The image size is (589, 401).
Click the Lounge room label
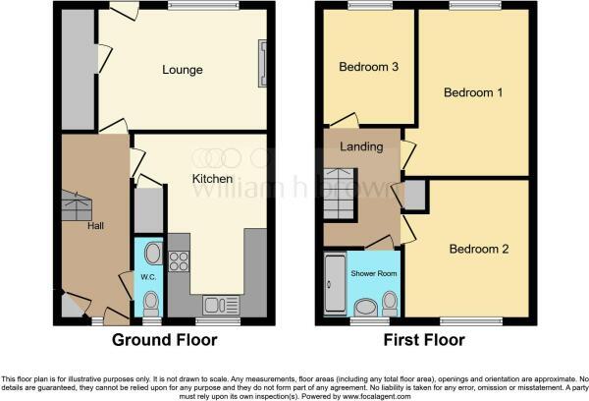tap(183, 70)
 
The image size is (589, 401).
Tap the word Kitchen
tap(211, 179)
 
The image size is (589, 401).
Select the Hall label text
tap(96, 225)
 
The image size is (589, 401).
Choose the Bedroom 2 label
tap(479, 249)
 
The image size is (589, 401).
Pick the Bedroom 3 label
tap(368, 68)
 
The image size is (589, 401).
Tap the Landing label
tap(353, 147)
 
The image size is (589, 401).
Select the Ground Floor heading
tap(164, 341)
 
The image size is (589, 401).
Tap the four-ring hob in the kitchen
tap(180, 261)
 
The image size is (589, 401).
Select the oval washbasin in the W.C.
tap(150, 254)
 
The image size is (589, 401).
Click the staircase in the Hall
tap(77, 206)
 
